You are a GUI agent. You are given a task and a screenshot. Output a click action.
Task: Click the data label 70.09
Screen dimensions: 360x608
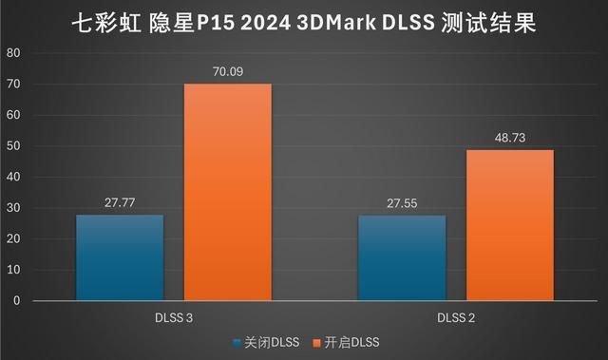pyautogui.click(x=227, y=69)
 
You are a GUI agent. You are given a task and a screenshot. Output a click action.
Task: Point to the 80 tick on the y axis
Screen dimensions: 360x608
pyautogui.click(x=14, y=54)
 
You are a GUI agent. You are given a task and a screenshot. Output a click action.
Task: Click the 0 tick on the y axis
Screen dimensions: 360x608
pyautogui.click(x=17, y=300)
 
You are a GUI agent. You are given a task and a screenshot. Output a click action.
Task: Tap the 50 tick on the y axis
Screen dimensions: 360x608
pyautogui.click(x=14, y=146)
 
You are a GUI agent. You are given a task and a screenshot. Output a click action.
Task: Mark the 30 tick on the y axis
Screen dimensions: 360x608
pyautogui.click(x=14, y=208)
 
